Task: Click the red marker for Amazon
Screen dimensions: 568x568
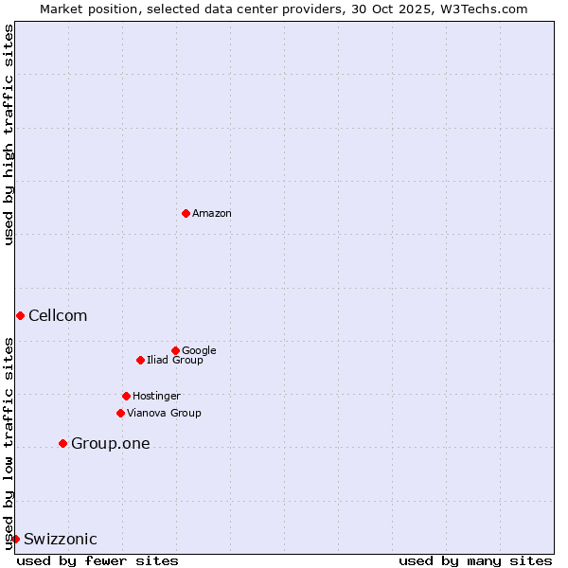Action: [186, 213]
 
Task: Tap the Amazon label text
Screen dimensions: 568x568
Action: [212, 214]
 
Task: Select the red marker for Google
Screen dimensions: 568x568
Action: [175, 350]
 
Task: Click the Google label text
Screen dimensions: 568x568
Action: [199, 351]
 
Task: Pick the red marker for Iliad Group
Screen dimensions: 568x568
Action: [140, 360]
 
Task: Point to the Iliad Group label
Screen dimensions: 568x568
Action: [175, 361]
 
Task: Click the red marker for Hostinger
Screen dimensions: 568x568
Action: [126, 396]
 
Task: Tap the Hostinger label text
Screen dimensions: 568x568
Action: [156, 397]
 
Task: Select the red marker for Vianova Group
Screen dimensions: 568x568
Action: [120, 413]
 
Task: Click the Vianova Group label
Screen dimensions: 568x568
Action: [164, 414]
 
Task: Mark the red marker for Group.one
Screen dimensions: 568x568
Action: [62, 443]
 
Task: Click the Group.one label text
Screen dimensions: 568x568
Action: [110, 444]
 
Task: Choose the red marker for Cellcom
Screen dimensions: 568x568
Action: [20, 315]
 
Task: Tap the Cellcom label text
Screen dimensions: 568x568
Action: [58, 316]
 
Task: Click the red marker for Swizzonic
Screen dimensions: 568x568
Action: [15, 539]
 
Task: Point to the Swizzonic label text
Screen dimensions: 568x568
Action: [61, 540]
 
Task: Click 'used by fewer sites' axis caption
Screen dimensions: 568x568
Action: [98, 560]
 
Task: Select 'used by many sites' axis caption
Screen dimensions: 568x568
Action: [475, 560]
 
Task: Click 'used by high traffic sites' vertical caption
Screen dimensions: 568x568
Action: [9, 134]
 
